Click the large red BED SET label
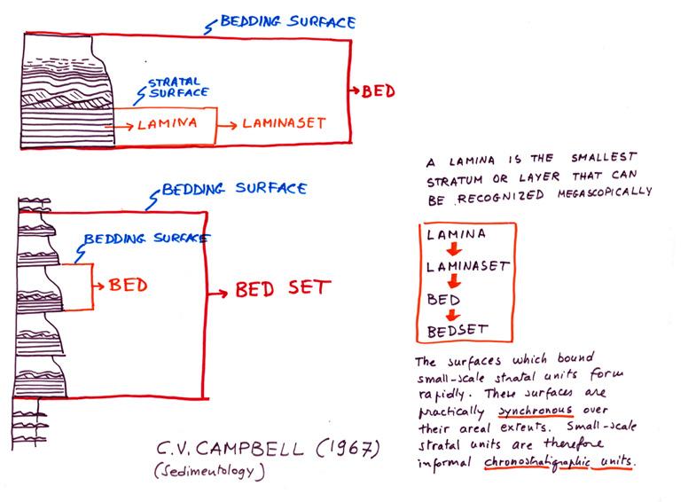(x=282, y=288)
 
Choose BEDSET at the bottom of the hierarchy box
(x=457, y=332)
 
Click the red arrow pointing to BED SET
(x=216, y=289)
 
